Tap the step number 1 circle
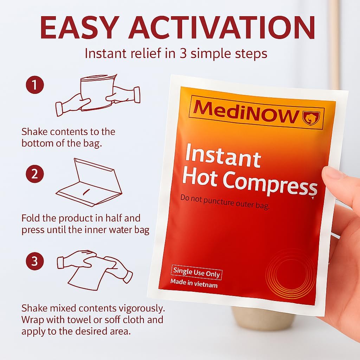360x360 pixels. tap(34, 85)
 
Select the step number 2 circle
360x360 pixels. tap(34, 174)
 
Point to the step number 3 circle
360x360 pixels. tap(34, 262)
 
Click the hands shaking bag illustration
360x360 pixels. tap(98, 93)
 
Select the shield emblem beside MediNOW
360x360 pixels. tap(311, 118)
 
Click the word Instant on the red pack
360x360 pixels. tap(223, 155)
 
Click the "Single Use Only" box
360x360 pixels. tap(197, 273)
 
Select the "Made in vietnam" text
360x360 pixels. tap(194, 283)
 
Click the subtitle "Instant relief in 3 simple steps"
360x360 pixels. tap(176, 53)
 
